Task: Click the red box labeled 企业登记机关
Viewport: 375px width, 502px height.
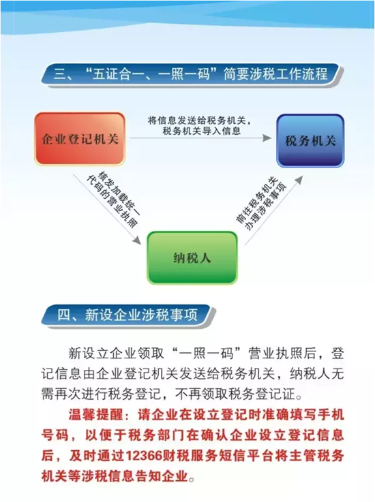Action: pyautogui.click(x=80, y=139)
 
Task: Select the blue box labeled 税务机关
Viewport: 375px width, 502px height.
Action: pyautogui.click(x=310, y=140)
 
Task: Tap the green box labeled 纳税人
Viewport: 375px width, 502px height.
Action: pyautogui.click(x=192, y=257)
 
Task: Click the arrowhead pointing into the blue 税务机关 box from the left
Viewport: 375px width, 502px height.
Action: pyautogui.click(x=267, y=138)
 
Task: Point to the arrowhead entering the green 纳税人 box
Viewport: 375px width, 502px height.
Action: pyautogui.click(x=137, y=240)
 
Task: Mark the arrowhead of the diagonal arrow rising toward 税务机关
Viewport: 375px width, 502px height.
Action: pyautogui.click(x=299, y=180)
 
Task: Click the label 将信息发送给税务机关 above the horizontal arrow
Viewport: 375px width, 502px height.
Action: pyautogui.click(x=196, y=121)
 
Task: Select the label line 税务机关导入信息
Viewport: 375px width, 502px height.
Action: pyautogui.click(x=202, y=131)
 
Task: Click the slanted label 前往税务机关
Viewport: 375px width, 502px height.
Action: pyautogui.click(x=256, y=200)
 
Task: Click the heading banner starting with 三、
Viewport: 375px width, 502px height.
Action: pyautogui.click(x=192, y=74)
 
